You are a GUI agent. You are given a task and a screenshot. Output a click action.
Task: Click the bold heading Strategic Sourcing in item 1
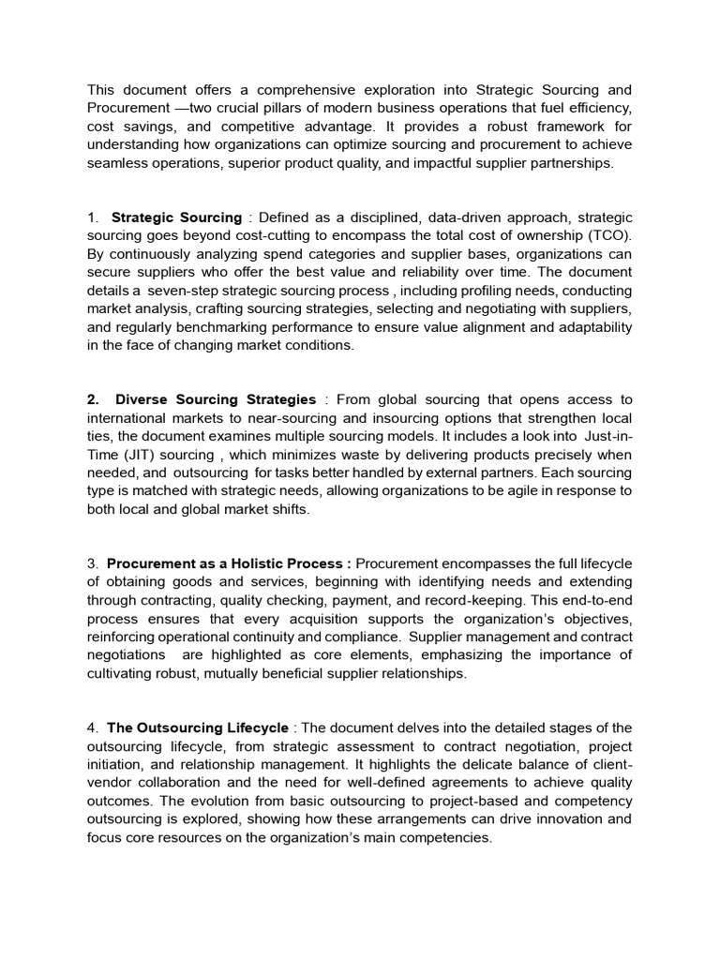pyautogui.click(x=176, y=217)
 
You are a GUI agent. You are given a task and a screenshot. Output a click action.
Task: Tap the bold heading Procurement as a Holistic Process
pyautogui.click(x=229, y=563)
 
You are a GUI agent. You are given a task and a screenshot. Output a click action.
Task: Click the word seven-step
pyautogui.click(x=200, y=291)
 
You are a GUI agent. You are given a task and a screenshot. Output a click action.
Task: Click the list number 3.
pyautogui.click(x=93, y=563)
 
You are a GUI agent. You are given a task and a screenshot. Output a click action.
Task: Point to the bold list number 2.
pyautogui.click(x=93, y=399)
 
